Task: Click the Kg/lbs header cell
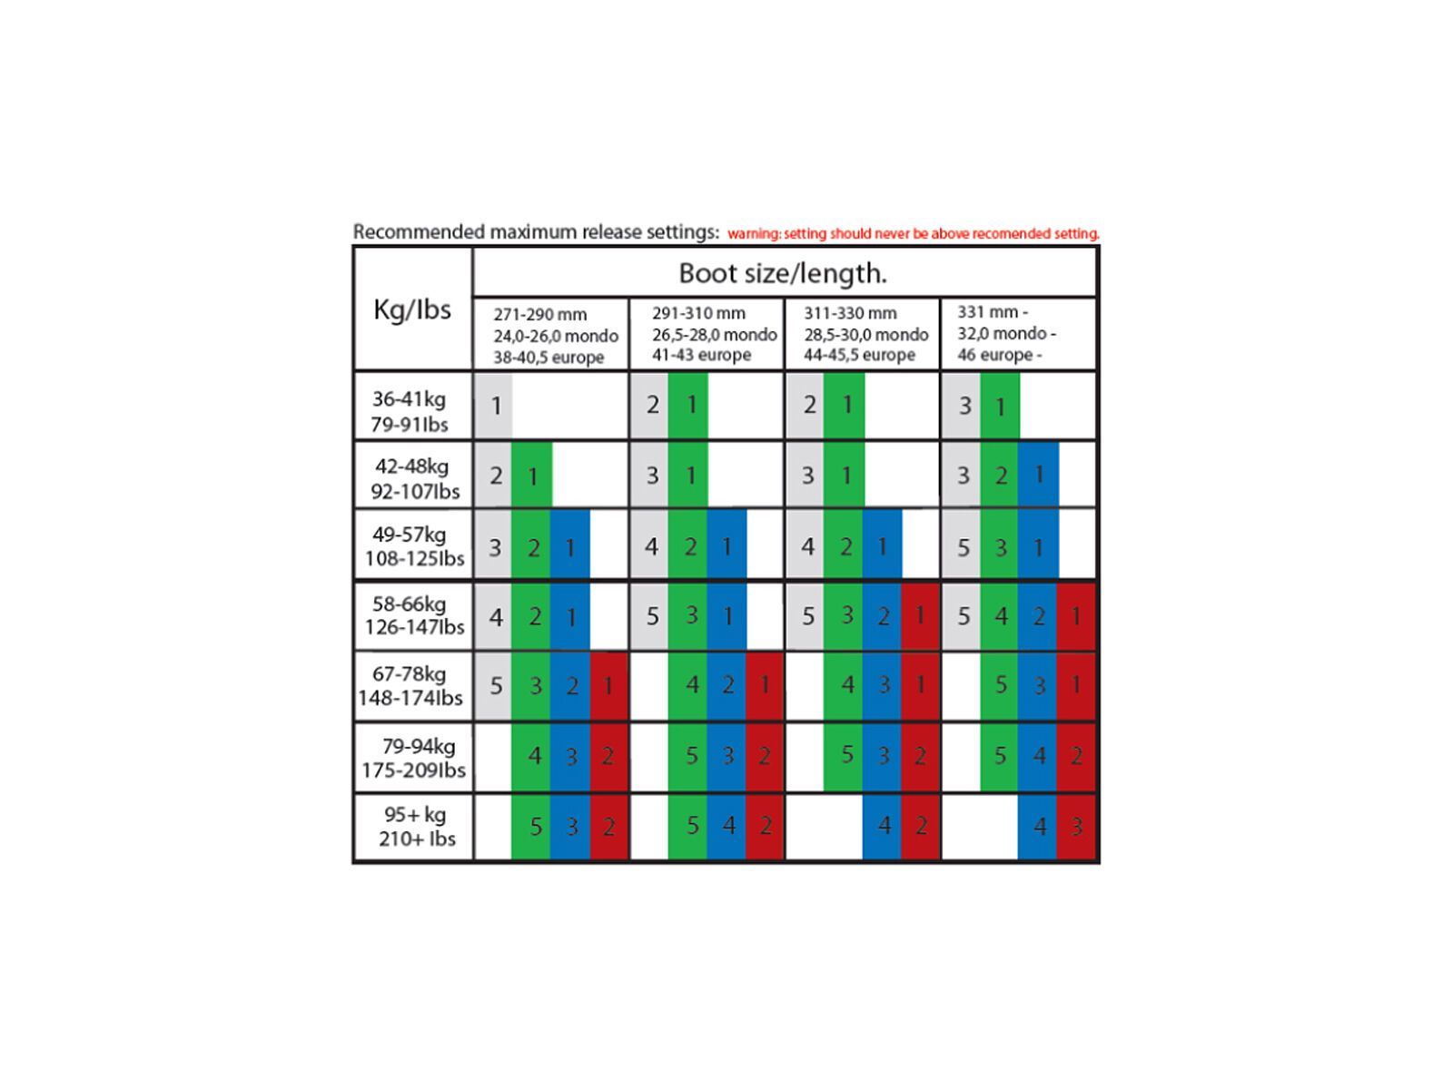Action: [412, 309]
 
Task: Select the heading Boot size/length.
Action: [783, 272]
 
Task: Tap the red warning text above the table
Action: [913, 233]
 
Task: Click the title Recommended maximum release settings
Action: [536, 231]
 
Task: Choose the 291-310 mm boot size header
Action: [707, 334]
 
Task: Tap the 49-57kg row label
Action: [414, 545]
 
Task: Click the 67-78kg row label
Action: [411, 685]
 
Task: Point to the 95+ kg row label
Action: [415, 826]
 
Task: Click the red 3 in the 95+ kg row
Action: [1076, 827]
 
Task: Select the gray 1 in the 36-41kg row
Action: [495, 406]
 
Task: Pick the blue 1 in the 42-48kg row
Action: [1039, 475]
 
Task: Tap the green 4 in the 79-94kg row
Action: [534, 756]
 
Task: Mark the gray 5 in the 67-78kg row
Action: [495, 686]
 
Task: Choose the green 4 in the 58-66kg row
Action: [1001, 617]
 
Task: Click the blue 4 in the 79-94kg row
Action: [1039, 756]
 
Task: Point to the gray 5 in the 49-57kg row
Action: [963, 547]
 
